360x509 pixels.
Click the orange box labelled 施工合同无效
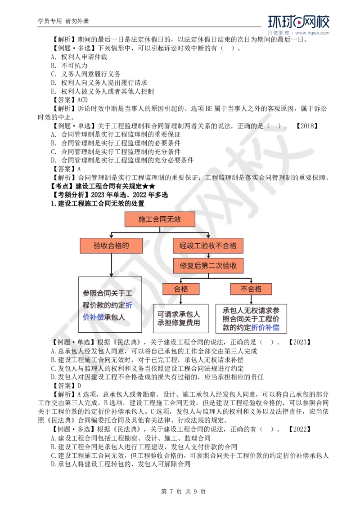159,219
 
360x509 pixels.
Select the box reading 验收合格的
111,246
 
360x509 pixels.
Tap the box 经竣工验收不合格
208,246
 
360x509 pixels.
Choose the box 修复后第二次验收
208,265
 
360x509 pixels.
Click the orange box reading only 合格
181,289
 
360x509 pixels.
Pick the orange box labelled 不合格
251,289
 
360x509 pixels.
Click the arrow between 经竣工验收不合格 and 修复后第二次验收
208,255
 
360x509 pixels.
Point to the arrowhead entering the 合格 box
181,281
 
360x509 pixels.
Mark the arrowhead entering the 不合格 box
251,281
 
